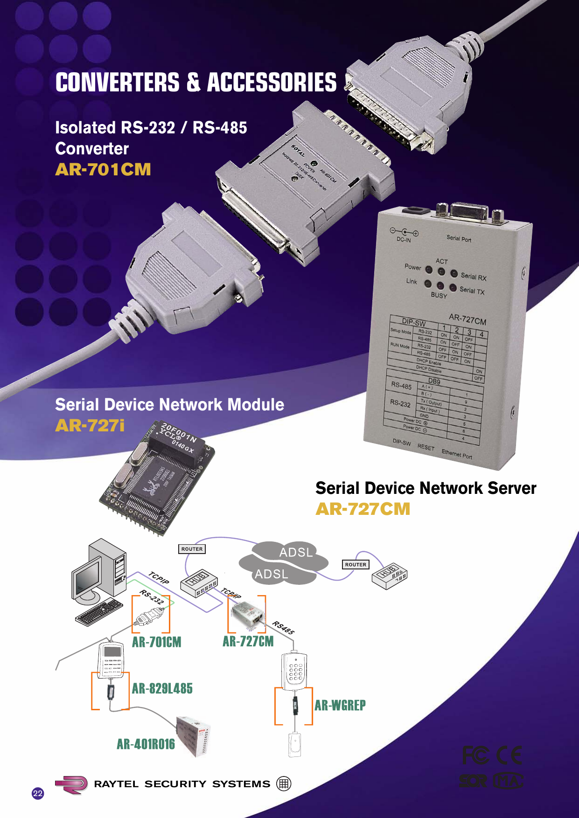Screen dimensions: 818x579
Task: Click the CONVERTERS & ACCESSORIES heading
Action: coord(196,83)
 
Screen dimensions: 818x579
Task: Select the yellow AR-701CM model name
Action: coord(103,169)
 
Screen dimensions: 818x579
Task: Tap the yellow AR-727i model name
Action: coord(90,425)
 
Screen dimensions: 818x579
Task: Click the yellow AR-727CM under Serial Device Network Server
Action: coord(363,509)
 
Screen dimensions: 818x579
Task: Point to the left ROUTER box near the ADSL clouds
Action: coord(192,549)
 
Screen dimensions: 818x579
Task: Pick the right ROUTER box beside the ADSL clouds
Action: coord(356,564)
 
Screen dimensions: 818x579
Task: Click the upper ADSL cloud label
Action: coord(296,553)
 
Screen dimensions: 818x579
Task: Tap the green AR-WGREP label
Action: coord(340,705)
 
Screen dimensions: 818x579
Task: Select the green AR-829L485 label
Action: coord(162,688)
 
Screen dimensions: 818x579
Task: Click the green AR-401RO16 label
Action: coord(146,744)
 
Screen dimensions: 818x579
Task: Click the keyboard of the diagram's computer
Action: coord(99,612)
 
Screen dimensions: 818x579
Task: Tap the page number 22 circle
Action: coord(38,793)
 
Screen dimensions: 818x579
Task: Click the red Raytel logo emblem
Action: coord(72,784)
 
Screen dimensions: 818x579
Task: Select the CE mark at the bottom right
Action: coord(509,756)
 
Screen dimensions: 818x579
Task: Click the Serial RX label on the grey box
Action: coord(473,277)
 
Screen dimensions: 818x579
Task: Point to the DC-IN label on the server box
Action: coord(404,240)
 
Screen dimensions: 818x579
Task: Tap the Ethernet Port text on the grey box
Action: coord(457,454)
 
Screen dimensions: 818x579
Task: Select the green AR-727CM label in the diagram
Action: coord(248,641)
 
